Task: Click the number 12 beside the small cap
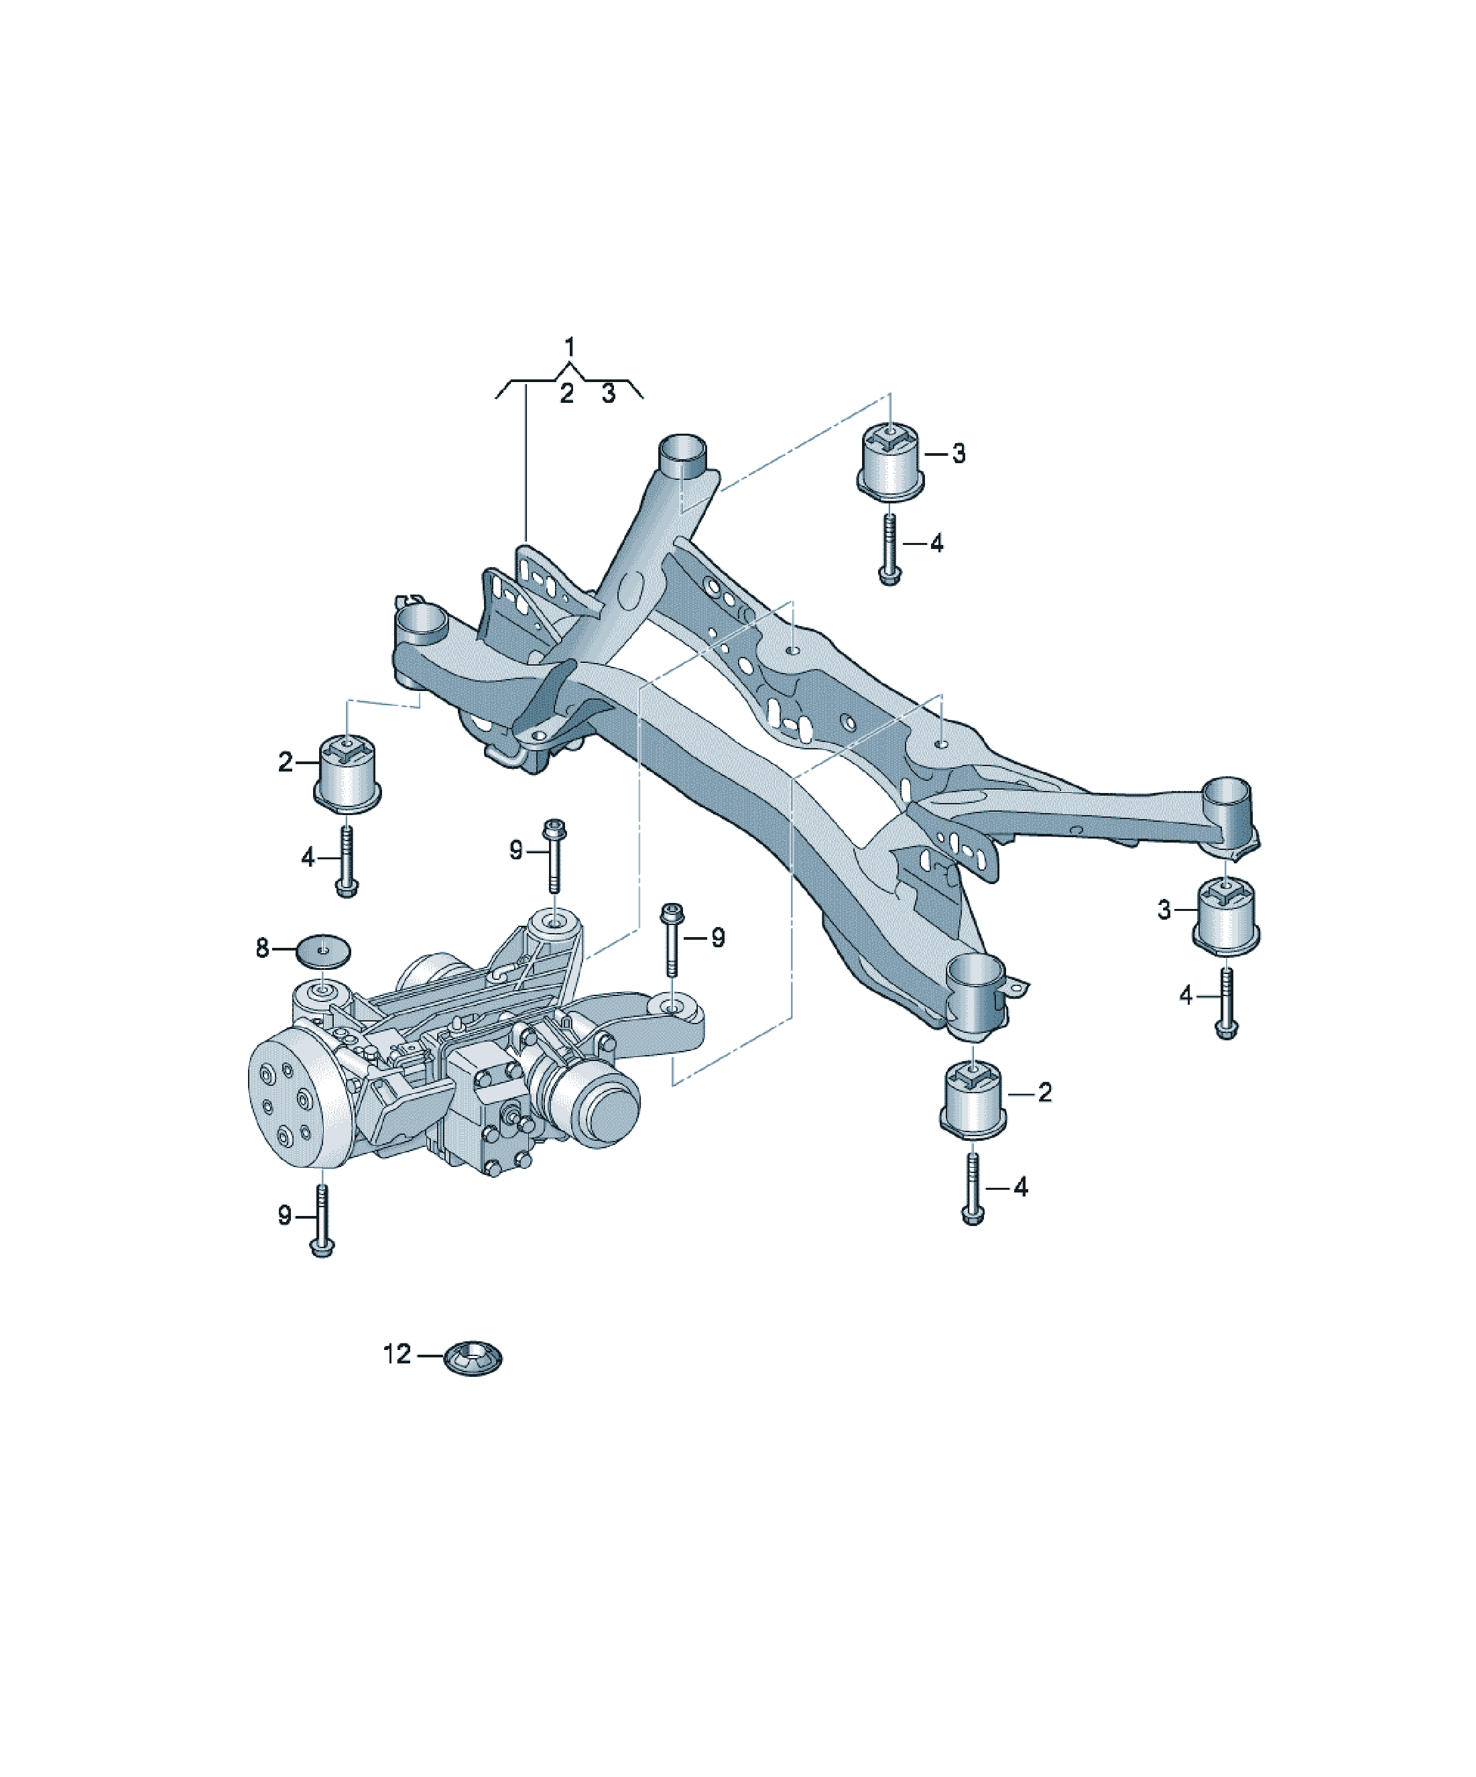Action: coord(397,1354)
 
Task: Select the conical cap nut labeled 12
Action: coord(473,1357)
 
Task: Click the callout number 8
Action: coord(262,948)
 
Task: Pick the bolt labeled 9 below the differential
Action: coord(322,1220)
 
